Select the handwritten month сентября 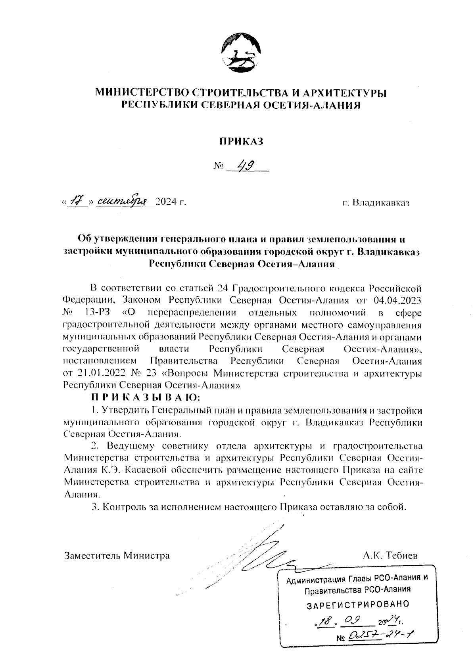[122, 202]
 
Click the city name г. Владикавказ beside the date [376, 203]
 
